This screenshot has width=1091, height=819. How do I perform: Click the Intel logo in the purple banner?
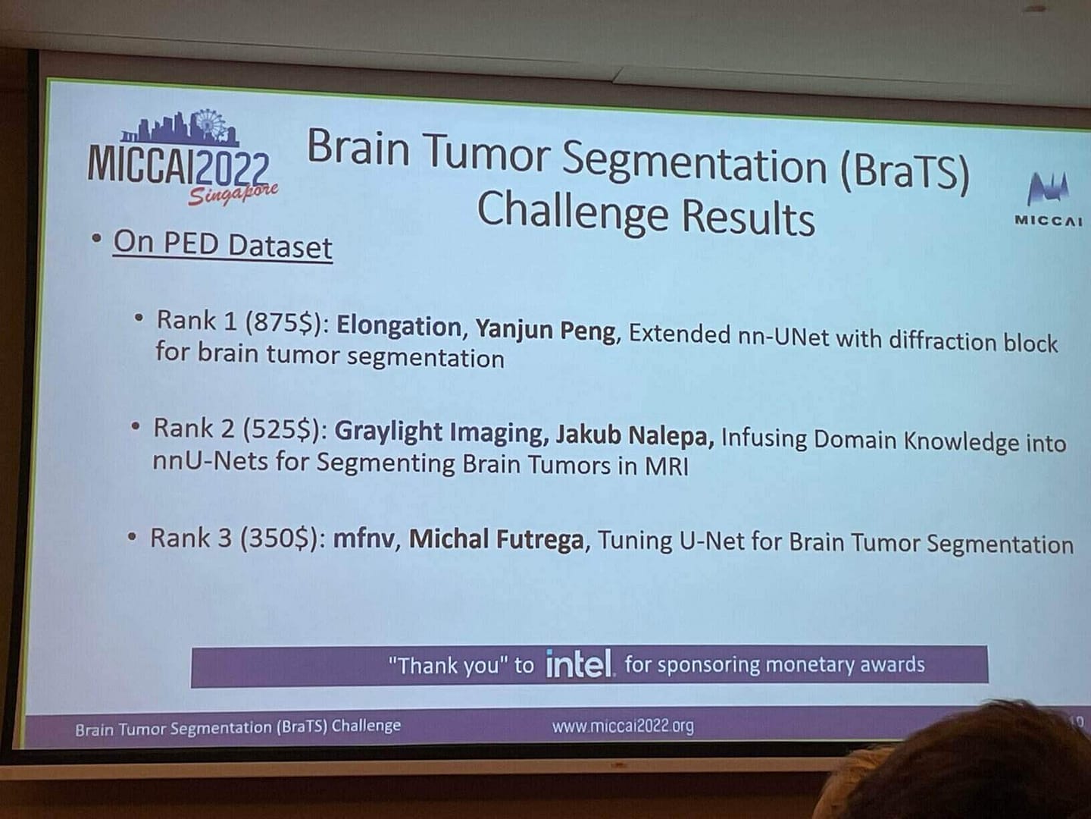[x=580, y=664]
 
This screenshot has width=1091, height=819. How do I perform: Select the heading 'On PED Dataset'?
[x=223, y=245]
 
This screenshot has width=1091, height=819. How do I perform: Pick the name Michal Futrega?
[x=496, y=539]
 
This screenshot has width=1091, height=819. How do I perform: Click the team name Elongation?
[x=399, y=327]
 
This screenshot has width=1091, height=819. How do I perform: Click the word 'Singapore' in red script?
[x=233, y=194]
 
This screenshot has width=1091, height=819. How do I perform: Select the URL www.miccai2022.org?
[x=623, y=726]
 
